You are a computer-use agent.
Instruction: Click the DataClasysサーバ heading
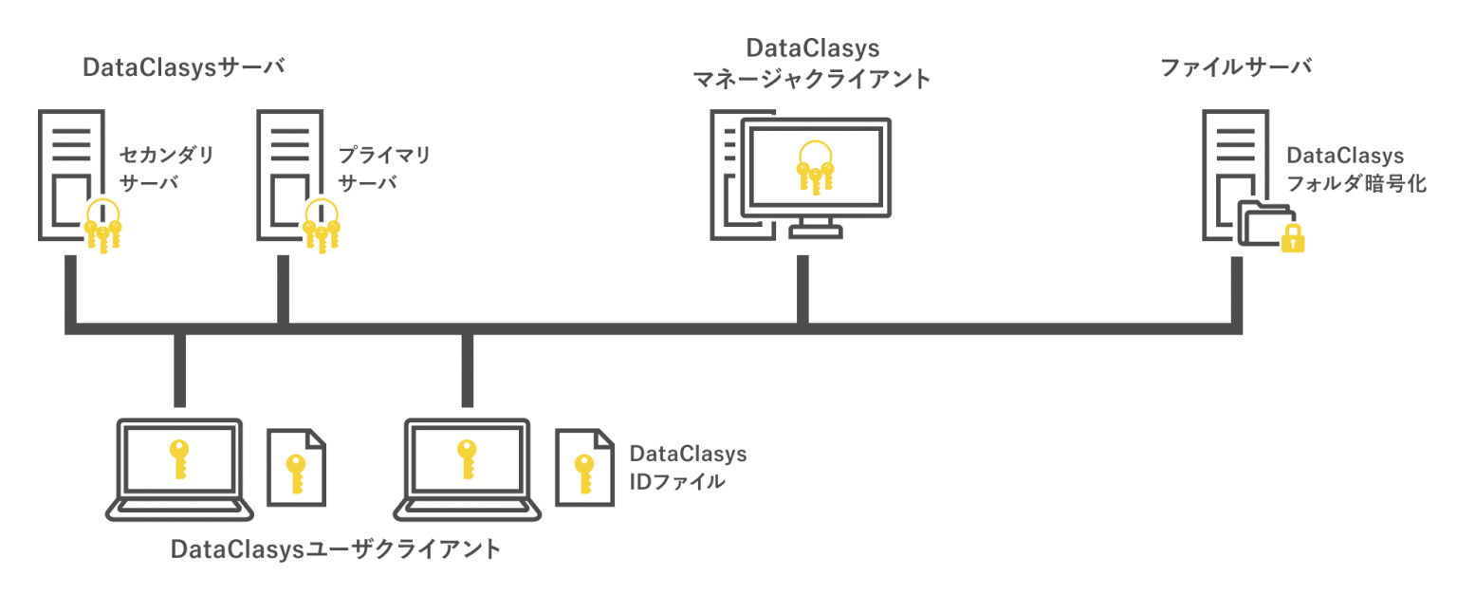(x=185, y=68)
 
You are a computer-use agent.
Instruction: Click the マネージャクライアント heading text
(x=812, y=80)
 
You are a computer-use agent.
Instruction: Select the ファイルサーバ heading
(x=1236, y=68)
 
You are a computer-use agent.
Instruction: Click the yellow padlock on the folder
(x=1293, y=237)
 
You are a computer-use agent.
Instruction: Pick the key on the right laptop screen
(x=466, y=460)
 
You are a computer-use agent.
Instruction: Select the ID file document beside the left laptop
(x=297, y=467)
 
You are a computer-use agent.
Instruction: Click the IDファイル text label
(x=677, y=482)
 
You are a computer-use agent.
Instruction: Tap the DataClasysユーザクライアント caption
(x=336, y=549)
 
